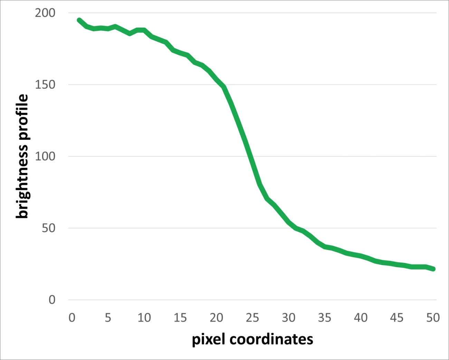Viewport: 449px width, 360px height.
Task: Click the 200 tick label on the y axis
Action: [45, 13]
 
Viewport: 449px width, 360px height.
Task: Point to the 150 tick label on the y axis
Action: [45, 85]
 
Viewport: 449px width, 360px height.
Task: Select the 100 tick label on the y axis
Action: [45, 156]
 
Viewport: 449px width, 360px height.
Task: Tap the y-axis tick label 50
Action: [48, 228]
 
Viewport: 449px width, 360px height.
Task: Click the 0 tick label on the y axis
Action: [52, 300]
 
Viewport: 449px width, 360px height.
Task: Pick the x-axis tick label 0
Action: [72, 318]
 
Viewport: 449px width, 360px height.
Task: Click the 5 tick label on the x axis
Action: [108, 318]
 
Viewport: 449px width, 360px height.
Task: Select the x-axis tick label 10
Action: [144, 318]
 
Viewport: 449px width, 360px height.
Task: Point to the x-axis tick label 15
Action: [180, 318]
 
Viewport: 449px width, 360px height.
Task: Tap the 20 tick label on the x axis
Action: [216, 318]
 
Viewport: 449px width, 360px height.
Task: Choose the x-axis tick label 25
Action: [252, 318]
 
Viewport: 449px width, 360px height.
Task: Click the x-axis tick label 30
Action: [288, 318]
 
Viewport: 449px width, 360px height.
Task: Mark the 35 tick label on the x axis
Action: [325, 318]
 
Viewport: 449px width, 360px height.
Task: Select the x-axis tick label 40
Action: [361, 318]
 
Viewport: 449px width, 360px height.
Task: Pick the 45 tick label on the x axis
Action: [397, 318]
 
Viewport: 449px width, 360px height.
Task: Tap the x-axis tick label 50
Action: [433, 318]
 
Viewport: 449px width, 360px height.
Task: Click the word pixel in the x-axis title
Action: [209, 340]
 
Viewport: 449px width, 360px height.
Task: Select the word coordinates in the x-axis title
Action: [271, 340]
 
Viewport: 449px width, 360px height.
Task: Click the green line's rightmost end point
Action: [433, 269]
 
